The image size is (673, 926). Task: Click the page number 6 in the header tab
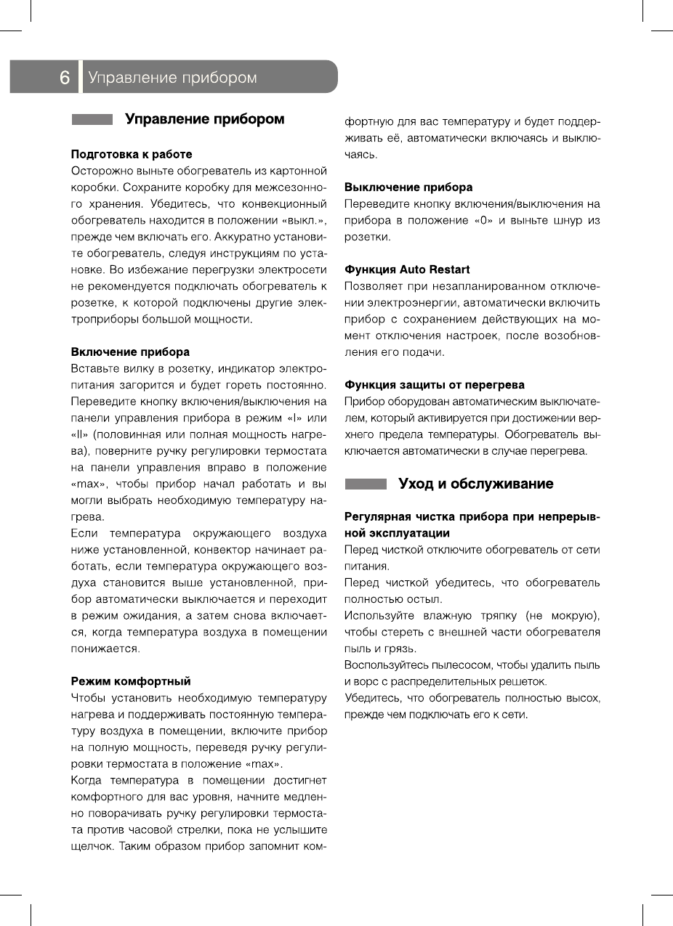coord(65,78)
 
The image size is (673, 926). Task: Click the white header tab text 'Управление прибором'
coord(172,78)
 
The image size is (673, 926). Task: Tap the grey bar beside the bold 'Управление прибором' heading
coord(92,120)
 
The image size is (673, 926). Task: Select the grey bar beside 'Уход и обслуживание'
coord(366,484)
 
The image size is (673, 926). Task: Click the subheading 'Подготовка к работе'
coord(131,154)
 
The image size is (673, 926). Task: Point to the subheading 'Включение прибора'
coord(129,352)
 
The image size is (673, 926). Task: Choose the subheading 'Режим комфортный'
coord(130,681)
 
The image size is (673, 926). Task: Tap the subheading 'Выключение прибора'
coord(408,187)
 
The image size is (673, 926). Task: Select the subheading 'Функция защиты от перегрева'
coord(434,384)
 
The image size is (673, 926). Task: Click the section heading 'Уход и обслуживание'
coord(475,484)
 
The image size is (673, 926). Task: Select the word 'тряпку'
coord(492,616)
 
